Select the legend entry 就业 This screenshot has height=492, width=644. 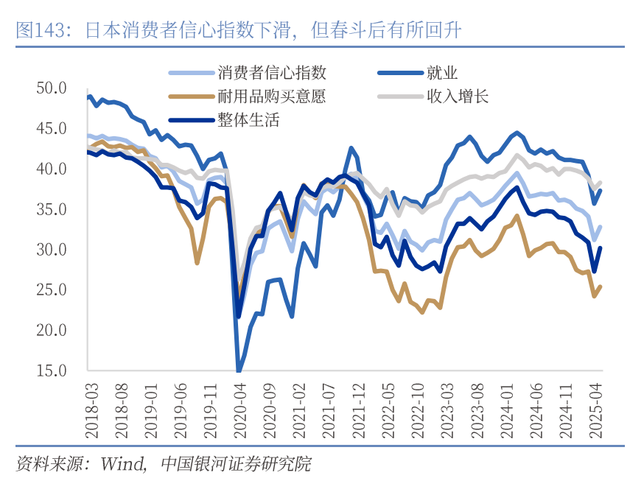coord(442,73)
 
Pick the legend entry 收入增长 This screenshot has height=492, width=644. coord(457,96)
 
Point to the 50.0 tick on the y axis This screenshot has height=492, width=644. coord(52,88)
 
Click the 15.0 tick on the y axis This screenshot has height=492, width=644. coord(52,370)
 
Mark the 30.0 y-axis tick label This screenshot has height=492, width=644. coord(52,250)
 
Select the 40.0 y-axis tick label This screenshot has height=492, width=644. coord(52,169)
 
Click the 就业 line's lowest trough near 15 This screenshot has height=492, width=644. coord(238,370)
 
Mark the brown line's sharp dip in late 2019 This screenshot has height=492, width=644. coord(197,262)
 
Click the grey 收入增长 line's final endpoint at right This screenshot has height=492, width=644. coord(602,182)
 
